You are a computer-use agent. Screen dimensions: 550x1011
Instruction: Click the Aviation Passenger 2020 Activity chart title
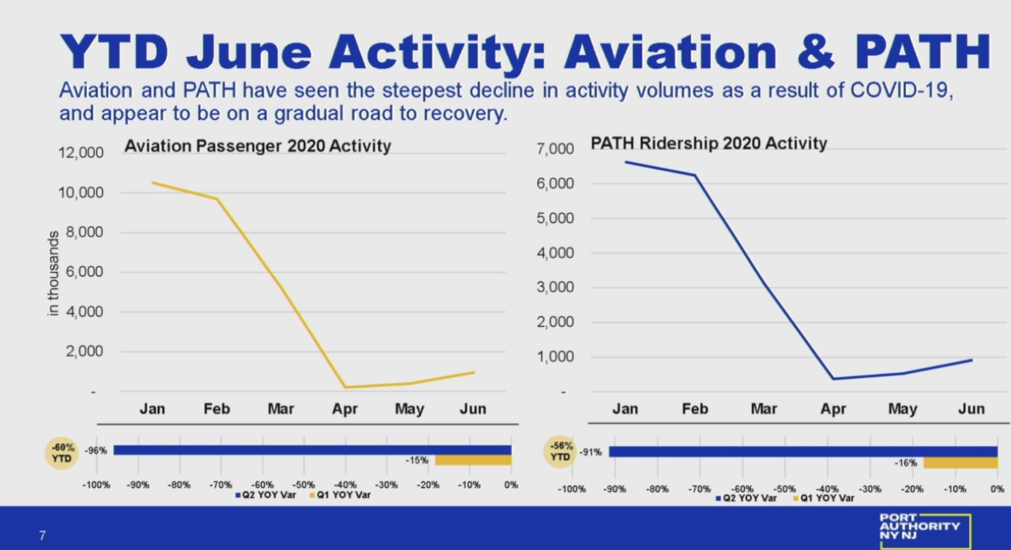257,146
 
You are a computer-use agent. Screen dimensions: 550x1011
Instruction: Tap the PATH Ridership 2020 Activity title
709,143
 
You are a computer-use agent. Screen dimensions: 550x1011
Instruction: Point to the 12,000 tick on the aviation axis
81,152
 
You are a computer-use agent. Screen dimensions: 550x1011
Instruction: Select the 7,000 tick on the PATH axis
555,149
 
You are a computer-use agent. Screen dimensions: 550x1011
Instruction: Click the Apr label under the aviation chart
345,409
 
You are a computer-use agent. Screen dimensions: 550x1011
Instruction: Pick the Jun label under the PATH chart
971,409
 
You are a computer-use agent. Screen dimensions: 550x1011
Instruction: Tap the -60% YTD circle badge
62,453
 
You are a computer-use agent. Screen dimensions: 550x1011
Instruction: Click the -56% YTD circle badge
560,451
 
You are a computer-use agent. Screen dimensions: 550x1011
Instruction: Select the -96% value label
96,450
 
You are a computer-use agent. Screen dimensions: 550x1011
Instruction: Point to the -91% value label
591,452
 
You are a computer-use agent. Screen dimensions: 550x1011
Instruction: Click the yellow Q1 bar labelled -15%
473,460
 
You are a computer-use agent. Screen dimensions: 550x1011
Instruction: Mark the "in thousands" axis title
53,274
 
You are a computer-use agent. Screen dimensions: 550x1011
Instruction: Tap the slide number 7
42,536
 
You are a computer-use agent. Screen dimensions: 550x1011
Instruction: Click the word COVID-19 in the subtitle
901,90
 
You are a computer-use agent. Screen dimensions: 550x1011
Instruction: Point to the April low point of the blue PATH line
833,379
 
